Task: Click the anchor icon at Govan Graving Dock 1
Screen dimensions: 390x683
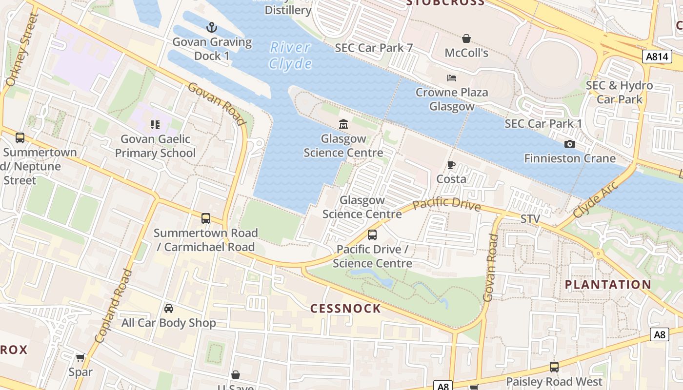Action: click(211, 27)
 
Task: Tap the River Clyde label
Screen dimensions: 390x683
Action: click(291, 56)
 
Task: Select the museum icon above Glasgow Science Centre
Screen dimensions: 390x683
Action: click(343, 124)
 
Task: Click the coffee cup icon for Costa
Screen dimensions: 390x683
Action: click(451, 165)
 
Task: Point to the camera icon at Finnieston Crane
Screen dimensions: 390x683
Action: click(569, 144)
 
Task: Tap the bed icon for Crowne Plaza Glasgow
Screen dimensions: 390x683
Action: click(452, 78)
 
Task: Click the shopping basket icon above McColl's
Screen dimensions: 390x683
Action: click(466, 39)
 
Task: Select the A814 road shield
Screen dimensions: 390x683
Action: click(656, 57)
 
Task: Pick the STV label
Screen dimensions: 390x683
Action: click(530, 219)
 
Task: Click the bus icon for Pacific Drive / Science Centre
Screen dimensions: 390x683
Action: click(372, 235)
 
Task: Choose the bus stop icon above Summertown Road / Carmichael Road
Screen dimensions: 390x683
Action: click(206, 218)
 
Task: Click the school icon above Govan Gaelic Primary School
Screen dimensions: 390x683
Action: click(155, 125)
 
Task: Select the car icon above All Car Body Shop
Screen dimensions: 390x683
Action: click(168, 309)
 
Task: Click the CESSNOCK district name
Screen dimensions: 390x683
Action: click(345, 309)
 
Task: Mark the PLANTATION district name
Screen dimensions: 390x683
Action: click(608, 285)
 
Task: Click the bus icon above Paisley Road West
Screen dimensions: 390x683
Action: click(554, 367)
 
